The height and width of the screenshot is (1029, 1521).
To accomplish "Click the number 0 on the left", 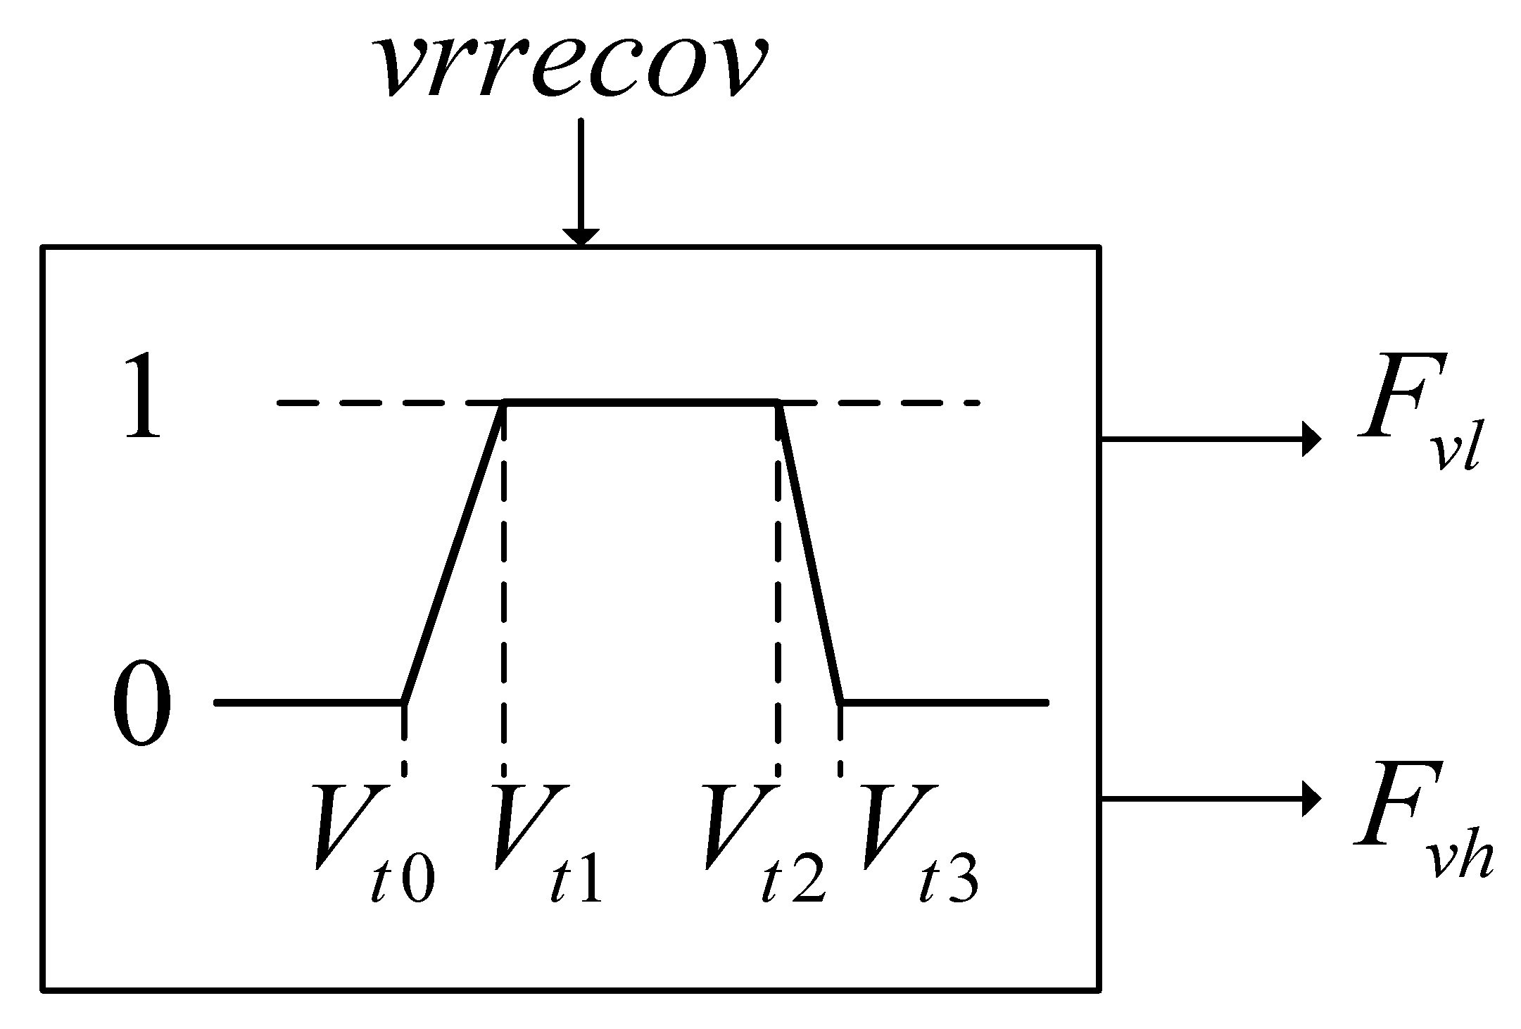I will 141,703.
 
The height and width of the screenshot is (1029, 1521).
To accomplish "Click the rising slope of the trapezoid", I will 453,553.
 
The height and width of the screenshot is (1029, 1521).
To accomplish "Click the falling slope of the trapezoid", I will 809,553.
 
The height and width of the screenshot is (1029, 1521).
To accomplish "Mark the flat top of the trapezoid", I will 640,403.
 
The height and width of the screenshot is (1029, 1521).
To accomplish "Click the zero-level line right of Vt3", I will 943,702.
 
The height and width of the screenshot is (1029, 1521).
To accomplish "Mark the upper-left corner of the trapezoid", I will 504,403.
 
